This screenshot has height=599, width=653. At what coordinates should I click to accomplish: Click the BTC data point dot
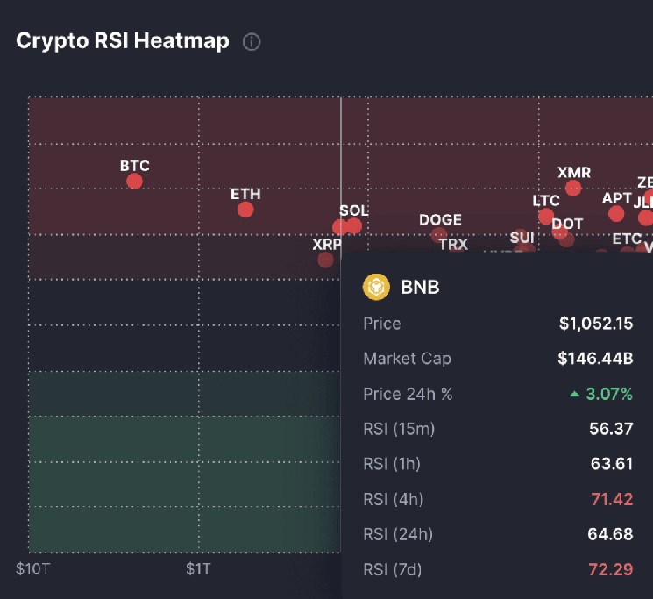click(x=134, y=182)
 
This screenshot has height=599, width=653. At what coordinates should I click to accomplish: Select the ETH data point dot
click(x=245, y=210)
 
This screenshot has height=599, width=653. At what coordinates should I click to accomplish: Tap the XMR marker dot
click(x=573, y=188)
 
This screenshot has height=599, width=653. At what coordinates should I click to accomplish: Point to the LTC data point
click(x=546, y=217)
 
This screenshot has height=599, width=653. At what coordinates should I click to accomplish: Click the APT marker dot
click(x=616, y=213)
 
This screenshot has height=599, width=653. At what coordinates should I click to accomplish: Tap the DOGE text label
click(x=440, y=220)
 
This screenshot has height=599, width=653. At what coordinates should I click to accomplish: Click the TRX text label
click(x=453, y=244)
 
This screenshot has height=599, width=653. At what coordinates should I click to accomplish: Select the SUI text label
click(x=522, y=237)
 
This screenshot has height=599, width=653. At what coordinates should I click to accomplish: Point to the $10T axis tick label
click(x=33, y=568)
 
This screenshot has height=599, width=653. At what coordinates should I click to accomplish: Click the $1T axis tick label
click(x=198, y=568)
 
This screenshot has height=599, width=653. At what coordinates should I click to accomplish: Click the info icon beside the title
click(x=252, y=41)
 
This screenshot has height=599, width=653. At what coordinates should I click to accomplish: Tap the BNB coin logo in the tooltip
click(x=376, y=286)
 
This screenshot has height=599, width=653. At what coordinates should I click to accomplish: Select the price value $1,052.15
click(x=596, y=324)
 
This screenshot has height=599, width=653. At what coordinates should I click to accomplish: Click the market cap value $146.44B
click(x=595, y=359)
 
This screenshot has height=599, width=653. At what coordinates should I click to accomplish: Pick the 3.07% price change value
click(x=608, y=394)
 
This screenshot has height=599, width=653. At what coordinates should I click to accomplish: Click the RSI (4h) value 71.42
click(x=611, y=499)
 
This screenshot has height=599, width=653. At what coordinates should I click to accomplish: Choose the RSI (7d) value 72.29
click(x=611, y=569)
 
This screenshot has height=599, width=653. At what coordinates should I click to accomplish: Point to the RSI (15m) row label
click(x=399, y=429)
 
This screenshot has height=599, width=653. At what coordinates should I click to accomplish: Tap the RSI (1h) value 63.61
click(x=611, y=464)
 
